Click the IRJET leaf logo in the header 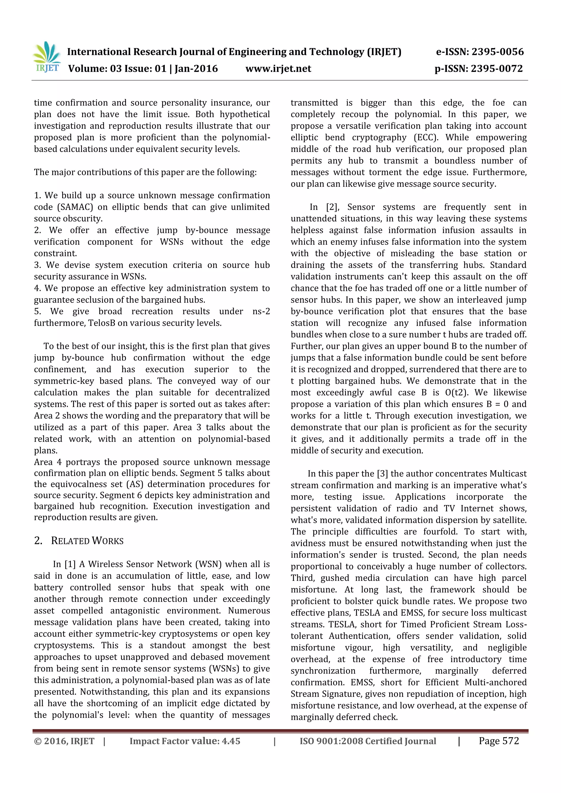(46, 57)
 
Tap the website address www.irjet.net (278, 68)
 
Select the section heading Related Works (87, 541)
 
